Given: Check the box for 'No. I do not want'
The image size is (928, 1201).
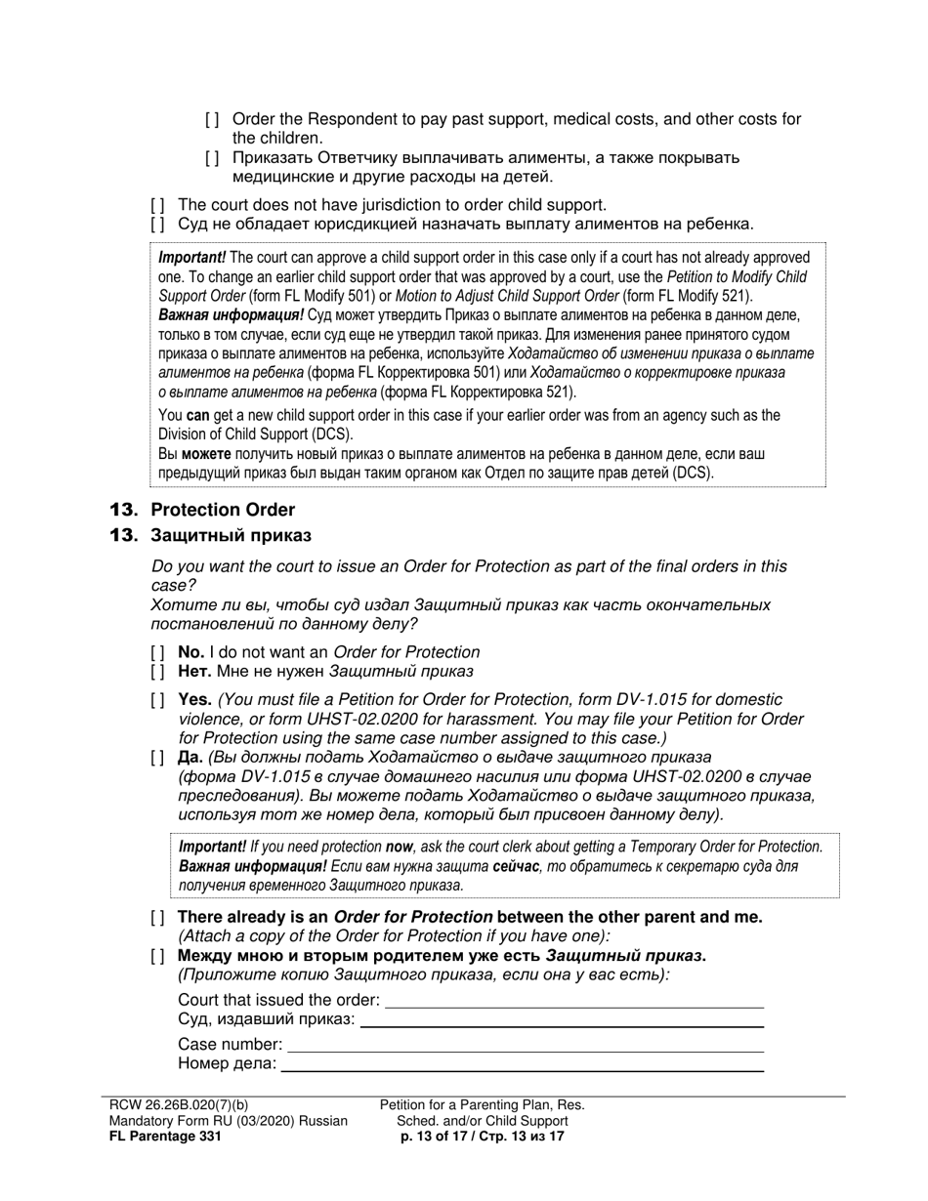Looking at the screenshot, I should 157,652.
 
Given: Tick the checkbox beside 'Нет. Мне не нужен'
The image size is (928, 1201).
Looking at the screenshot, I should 157,672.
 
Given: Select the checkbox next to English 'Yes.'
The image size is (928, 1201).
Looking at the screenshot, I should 157,700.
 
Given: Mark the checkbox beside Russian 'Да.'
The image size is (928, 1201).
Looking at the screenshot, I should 157,758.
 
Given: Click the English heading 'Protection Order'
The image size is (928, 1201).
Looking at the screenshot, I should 223,510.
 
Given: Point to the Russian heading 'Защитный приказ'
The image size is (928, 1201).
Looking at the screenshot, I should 231,535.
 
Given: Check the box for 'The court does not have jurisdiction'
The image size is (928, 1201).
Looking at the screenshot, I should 157,205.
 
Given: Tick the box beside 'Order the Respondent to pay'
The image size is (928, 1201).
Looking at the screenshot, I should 212,119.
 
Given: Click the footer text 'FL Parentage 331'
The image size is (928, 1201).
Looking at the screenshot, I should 165,1136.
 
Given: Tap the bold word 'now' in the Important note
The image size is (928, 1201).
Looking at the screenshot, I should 399,847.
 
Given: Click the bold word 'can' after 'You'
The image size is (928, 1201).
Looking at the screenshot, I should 198,415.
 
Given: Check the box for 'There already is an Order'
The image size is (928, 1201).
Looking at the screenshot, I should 157,917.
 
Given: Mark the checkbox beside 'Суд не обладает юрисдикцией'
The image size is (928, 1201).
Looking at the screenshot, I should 157,225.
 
